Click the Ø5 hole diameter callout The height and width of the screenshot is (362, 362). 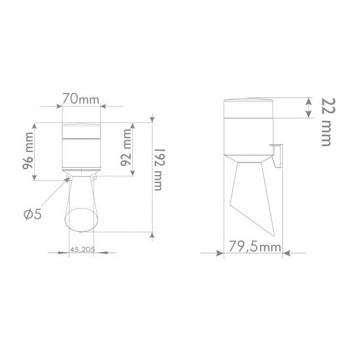click(x=32, y=213)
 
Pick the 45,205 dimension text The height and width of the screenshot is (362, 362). click(x=80, y=250)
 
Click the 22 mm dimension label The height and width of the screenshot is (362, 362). click(x=327, y=122)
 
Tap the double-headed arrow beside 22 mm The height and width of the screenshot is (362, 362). click(x=309, y=109)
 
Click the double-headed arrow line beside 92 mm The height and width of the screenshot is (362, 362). click(x=136, y=149)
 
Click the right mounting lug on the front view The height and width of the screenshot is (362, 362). click(x=95, y=177)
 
